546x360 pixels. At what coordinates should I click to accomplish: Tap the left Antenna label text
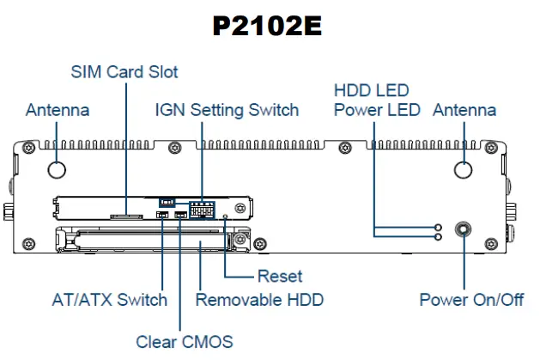pos(58,110)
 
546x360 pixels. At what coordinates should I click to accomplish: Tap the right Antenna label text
pos(464,110)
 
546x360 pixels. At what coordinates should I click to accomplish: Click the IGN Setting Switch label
pos(227,110)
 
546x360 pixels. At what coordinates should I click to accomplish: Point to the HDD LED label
pos(371,90)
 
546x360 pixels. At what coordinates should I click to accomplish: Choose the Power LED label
pos(377,110)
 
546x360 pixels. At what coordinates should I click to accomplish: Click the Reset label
pos(280,277)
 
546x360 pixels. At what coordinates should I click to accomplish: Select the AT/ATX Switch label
pos(108,300)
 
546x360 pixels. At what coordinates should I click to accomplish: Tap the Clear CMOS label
pos(184,341)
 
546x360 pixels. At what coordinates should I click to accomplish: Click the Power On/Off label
pos(471,300)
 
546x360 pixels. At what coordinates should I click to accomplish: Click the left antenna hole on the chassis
pos(58,169)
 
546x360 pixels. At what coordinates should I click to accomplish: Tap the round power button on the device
pos(464,230)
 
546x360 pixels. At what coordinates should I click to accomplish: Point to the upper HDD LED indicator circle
pos(439,228)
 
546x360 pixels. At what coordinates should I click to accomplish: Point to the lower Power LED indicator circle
pos(439,236)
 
